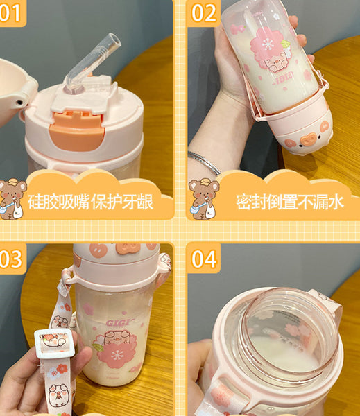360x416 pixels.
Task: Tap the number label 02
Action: coord(203,12)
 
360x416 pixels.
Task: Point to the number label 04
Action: coord(204,259)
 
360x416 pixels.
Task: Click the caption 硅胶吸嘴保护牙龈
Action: coord(98,202)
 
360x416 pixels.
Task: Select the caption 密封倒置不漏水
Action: coord(289,202)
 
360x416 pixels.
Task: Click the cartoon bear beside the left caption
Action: coord(13,198)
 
